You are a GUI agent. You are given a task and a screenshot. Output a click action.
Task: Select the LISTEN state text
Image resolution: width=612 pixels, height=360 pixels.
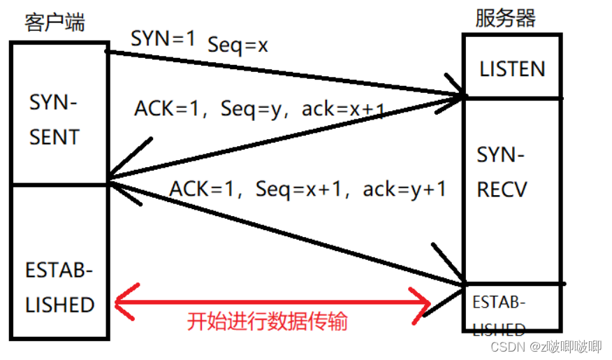point(511,69)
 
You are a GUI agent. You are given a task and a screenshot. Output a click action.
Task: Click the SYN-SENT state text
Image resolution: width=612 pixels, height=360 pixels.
point(54,120)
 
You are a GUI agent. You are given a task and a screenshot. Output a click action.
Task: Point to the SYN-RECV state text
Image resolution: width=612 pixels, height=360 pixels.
point(501,171)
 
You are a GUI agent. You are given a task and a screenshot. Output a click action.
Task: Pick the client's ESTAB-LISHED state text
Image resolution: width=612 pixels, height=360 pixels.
point(59,287)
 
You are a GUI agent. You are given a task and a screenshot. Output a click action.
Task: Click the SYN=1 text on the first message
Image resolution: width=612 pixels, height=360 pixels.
point(163,40)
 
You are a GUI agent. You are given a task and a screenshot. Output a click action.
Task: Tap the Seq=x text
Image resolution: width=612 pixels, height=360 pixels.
point(238,45)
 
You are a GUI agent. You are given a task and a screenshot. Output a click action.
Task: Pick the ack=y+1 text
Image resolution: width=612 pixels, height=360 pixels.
point(404,189)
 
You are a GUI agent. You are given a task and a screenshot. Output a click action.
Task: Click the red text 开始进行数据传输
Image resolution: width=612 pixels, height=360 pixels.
point(267,322)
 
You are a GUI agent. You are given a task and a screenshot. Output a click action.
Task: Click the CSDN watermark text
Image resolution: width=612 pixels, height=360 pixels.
point(546,346)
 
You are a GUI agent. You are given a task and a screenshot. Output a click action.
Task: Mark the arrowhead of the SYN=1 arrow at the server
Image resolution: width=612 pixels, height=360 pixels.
point(461,95)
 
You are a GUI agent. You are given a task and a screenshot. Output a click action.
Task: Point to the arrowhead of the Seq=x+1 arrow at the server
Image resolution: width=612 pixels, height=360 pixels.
point(462,282)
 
